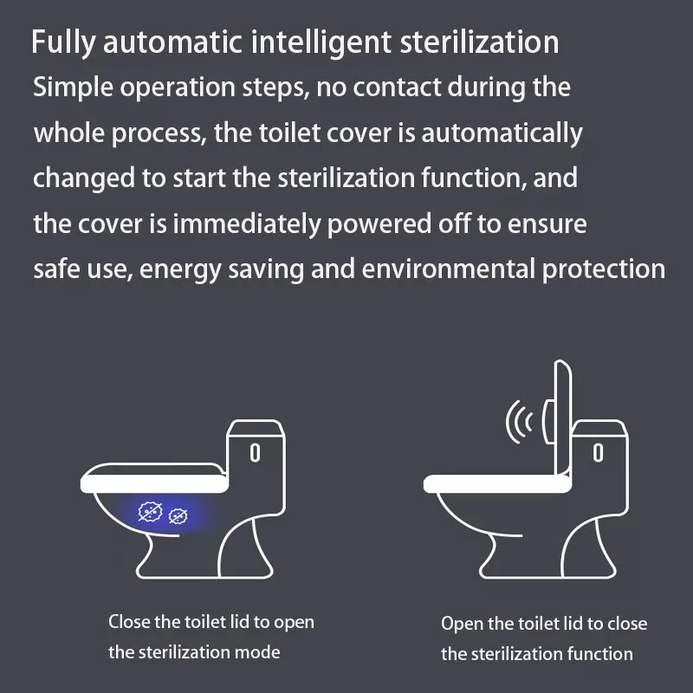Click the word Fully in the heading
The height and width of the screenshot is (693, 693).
(62, 42)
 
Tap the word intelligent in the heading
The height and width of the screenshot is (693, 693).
(321, 42)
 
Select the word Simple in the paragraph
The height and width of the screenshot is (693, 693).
(74, 87)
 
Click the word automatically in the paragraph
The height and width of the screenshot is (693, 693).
(502, 133)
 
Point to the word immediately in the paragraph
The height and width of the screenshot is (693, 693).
(246, 223)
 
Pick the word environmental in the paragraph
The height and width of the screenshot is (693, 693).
(449, 269)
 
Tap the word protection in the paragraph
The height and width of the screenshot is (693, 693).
(603, 269)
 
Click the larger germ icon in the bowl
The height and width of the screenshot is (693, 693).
(150, 511)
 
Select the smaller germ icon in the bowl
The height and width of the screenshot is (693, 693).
(178, 515)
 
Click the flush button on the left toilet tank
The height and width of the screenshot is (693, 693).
(255, 453)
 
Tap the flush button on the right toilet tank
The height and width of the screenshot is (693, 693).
(598, 453)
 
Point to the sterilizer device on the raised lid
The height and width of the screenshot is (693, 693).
(548, 421)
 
